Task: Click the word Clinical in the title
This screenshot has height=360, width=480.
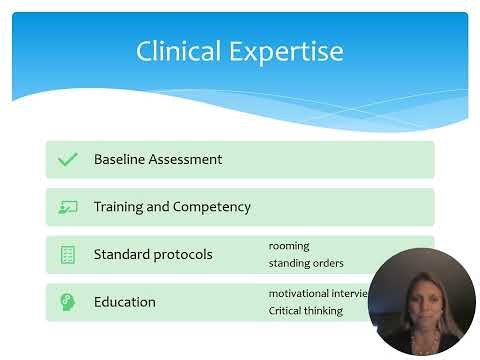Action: click(x=175, y=51)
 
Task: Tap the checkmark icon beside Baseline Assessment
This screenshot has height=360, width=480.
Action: click(x=68, y=159)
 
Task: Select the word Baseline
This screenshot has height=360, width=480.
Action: click(x=120, y=159)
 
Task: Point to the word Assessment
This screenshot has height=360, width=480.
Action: click(x=186, y=159)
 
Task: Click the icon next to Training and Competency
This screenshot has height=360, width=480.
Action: click(x=68, y=207)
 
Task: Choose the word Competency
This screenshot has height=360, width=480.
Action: click(x=213, y=207)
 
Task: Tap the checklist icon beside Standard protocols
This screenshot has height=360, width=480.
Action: click(x=68, y=254)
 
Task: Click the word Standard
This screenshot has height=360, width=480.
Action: click(x=123, y=254)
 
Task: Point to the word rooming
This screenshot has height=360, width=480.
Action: click(x=289, y=245)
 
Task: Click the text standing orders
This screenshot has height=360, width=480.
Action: click(x=306, y=263)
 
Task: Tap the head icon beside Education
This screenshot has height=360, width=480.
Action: click(x=68, y=301)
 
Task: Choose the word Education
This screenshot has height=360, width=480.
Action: click(x=124, y=301)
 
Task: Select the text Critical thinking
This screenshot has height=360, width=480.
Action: click(x=305, y=310)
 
